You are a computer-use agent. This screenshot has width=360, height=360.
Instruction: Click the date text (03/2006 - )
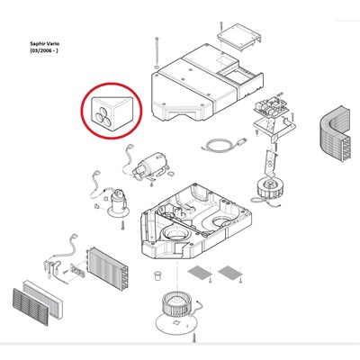pos(44,50)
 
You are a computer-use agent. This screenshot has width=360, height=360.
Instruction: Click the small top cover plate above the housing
pos(239,35)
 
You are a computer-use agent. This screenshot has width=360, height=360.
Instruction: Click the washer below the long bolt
pos(157,67)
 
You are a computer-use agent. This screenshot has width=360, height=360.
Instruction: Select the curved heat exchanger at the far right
pos(334,134)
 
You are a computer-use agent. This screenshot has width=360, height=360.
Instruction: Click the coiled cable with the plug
pos(224,145)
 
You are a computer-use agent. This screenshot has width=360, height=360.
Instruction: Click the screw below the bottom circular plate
pos(193,337)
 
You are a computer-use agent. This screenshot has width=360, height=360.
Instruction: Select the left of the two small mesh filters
pos(200,273)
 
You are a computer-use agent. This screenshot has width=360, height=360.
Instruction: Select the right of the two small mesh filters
pos(230,272)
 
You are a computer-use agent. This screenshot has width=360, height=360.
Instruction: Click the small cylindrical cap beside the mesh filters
pos(157,275)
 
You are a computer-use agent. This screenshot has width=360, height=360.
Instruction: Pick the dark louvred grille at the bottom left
pos(31,307)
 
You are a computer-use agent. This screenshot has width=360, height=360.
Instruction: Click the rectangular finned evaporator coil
pos(107,269)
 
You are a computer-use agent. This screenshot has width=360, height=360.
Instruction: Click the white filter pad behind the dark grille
pos(43,299)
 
